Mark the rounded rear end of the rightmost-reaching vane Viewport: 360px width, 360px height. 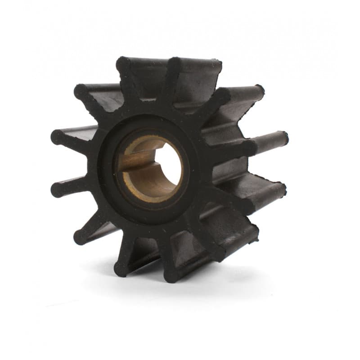283,137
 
